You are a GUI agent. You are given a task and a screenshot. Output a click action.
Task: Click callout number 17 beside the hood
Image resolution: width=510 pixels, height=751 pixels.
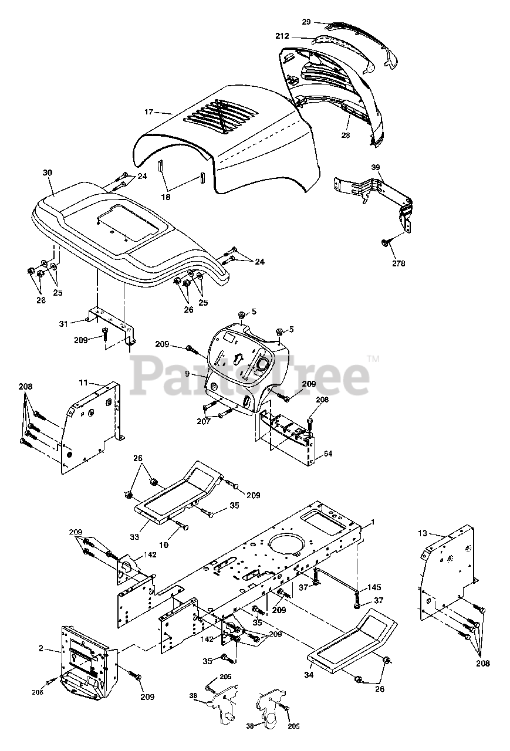click(148, 111)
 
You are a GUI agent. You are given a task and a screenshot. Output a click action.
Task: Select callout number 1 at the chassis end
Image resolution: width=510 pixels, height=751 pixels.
click(372, 522)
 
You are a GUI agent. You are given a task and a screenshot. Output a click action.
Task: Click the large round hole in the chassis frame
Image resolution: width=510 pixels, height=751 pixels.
click(287, 543)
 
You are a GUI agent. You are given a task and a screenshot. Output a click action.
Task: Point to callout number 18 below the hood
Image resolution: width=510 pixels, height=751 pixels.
click(166, 197)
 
